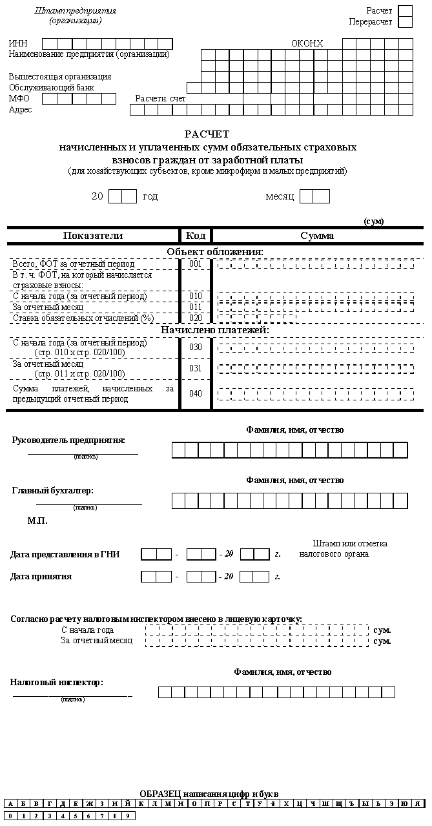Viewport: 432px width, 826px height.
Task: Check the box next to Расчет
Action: coord(405,11)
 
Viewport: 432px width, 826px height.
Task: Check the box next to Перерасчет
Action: coord(405,22)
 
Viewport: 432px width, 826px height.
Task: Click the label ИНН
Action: coord(18,43)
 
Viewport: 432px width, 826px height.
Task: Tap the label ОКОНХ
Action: coord(307,43)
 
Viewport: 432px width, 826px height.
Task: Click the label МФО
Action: coord(19,99)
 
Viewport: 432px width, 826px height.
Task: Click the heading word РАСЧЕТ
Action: coord(207,134)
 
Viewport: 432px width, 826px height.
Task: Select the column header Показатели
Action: coord(93,236)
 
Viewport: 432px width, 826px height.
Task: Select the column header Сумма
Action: coord(317,236)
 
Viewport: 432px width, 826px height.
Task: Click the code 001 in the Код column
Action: coord(196,263)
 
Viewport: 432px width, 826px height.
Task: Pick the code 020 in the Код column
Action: coord(196,318)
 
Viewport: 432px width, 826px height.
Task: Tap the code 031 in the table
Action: coord(196,368)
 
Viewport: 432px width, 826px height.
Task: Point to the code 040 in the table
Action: coord(196,393)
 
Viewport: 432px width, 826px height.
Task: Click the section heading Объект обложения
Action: coord(215,251)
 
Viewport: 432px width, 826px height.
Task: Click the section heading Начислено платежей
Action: coord(215,330)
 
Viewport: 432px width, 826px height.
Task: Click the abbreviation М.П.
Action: coord(37,520)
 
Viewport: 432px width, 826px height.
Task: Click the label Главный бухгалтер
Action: coord(53,490)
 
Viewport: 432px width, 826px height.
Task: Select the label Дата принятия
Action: coord(41,576)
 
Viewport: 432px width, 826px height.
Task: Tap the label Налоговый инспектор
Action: coord(57,682)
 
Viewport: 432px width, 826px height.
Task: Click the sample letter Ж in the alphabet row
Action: coord(90,804)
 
